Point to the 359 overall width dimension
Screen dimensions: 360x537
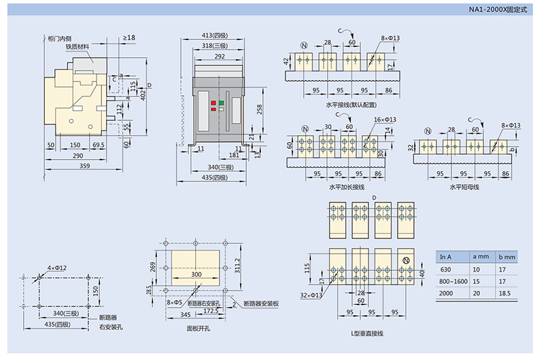click(84, 166)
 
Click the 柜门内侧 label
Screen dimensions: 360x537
click(60, 38)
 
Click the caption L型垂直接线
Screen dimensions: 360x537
click(366, 334)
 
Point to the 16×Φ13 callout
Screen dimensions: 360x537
click(385, 120)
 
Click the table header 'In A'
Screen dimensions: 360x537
click(446, 257)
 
